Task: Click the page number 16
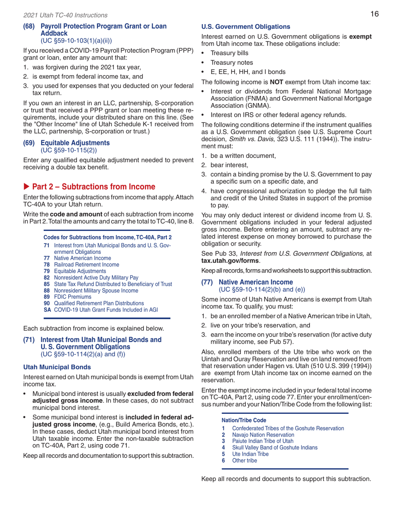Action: (374, 14)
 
